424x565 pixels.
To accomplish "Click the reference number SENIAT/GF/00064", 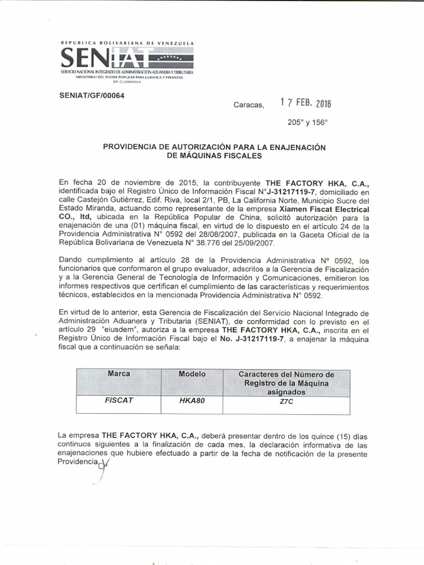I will pyautogui.click(x=91, y=95).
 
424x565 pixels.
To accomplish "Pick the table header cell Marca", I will pyautogui.click(x=119, y=374).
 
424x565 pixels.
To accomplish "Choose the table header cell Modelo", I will pyautogui.click(x=192, y=374).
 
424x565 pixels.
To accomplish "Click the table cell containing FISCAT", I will pyautogui.click(x=119, y=401).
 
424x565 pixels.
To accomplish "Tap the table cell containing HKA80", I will pyautogui.click(x=192, y=401).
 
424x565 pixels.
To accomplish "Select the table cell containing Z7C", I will pyautogui.click(x=286, y=402).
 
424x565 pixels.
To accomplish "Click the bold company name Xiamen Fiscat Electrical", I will pyautogui.click(x=322, y=209).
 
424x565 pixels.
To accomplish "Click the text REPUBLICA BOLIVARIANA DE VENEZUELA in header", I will pyautogui.click(x=127, y=43).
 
